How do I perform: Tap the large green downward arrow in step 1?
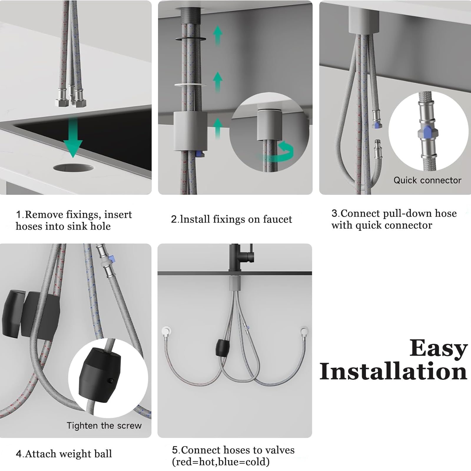(x=73, y=137)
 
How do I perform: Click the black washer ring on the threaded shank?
(x=190, y=39)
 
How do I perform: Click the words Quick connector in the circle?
(x=427, y=180)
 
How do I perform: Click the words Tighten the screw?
(x=104, y=426)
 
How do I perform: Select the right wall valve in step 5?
(x=304, y=331)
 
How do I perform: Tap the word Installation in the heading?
(x=393, y=372)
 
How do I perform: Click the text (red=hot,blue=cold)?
(x=221, y=462)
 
